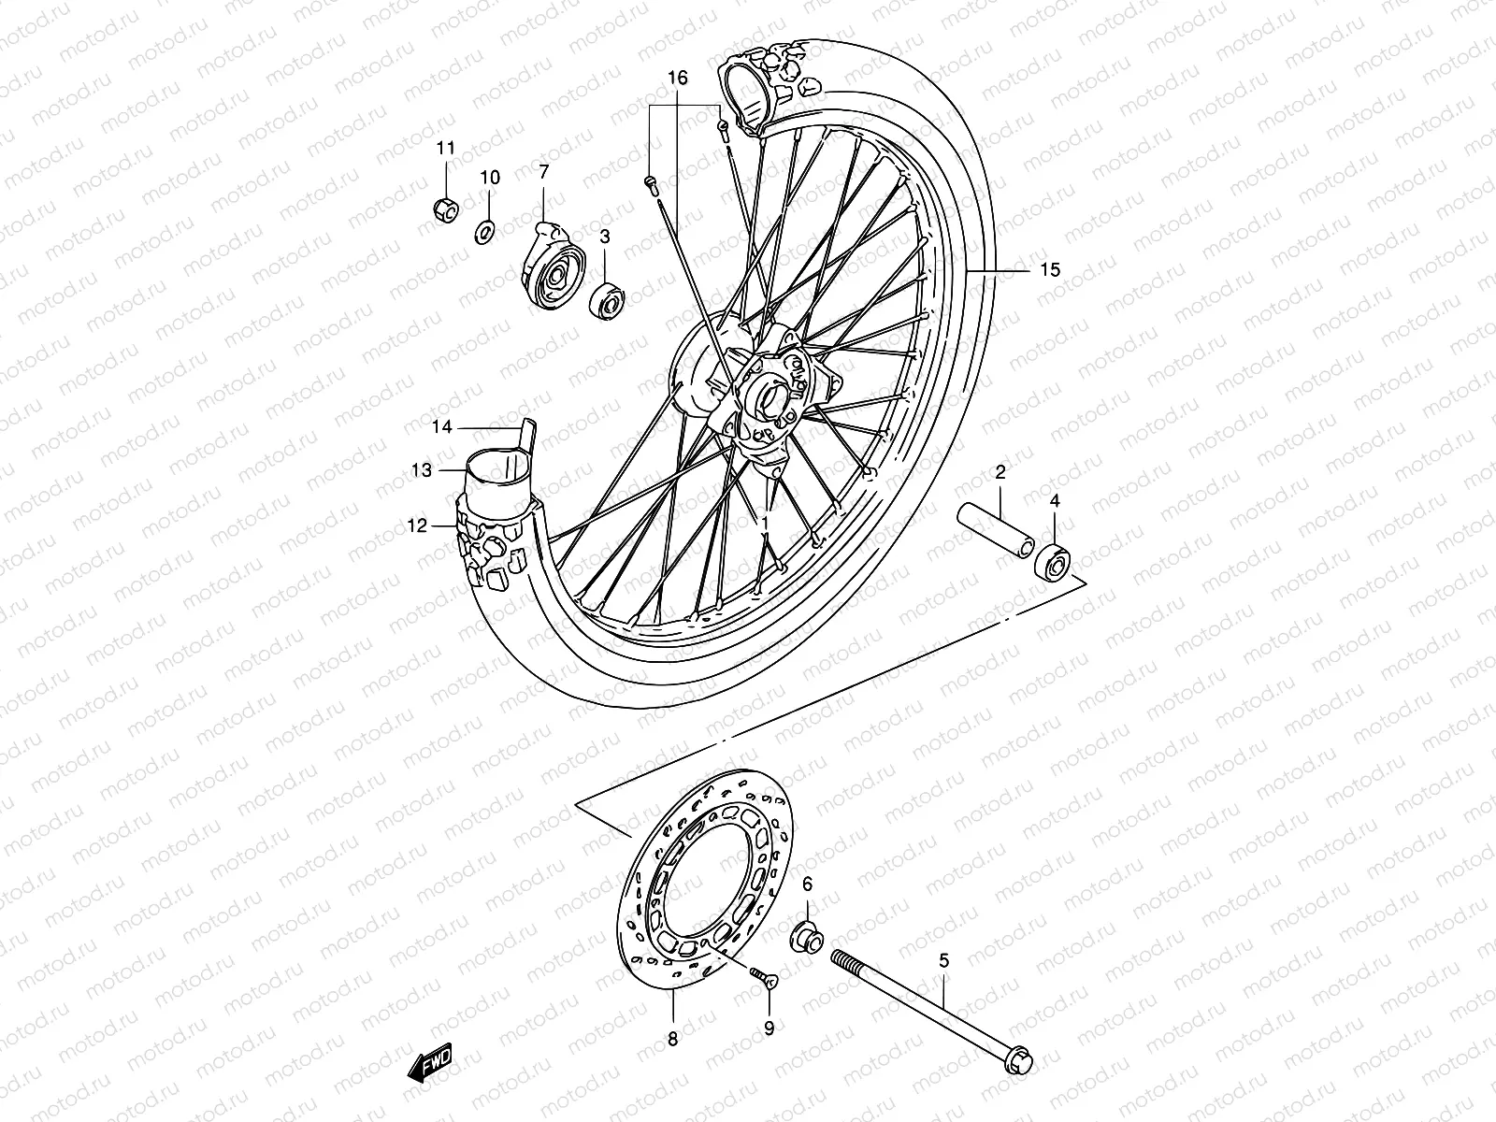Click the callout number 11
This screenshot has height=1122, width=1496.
point(445,148)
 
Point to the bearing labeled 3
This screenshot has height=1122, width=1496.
point(607,299)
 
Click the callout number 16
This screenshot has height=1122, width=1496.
point(678,79)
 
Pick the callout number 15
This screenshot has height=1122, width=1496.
point(1050,270)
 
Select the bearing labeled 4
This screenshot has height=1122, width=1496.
point(1054,560)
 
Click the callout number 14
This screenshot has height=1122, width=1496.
point(442,427)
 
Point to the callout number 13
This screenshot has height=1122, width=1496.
point(422,470)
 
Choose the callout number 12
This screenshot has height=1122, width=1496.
point(416,526)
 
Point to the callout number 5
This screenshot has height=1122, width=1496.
point(943,960)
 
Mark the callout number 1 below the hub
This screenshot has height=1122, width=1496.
point(764,520)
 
